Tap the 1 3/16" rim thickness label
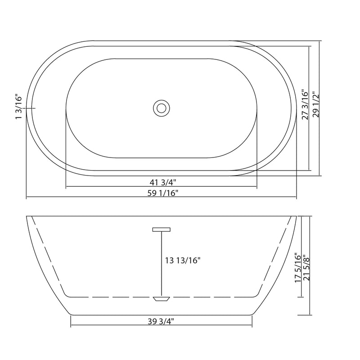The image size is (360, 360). (x=19, y=107)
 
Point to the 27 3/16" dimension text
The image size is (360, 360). (x=306, y=104)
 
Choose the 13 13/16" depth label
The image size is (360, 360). (x=183, y=260)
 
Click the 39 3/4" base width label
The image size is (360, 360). (x=161, y=321)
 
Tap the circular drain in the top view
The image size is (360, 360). (x=160, y=108)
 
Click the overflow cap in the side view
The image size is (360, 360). (x=162, y=229)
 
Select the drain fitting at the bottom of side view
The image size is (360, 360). (x=161, y=298)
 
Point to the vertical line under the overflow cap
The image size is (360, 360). (x=162, y=263)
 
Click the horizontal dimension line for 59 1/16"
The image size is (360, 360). (x=90, y=198)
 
